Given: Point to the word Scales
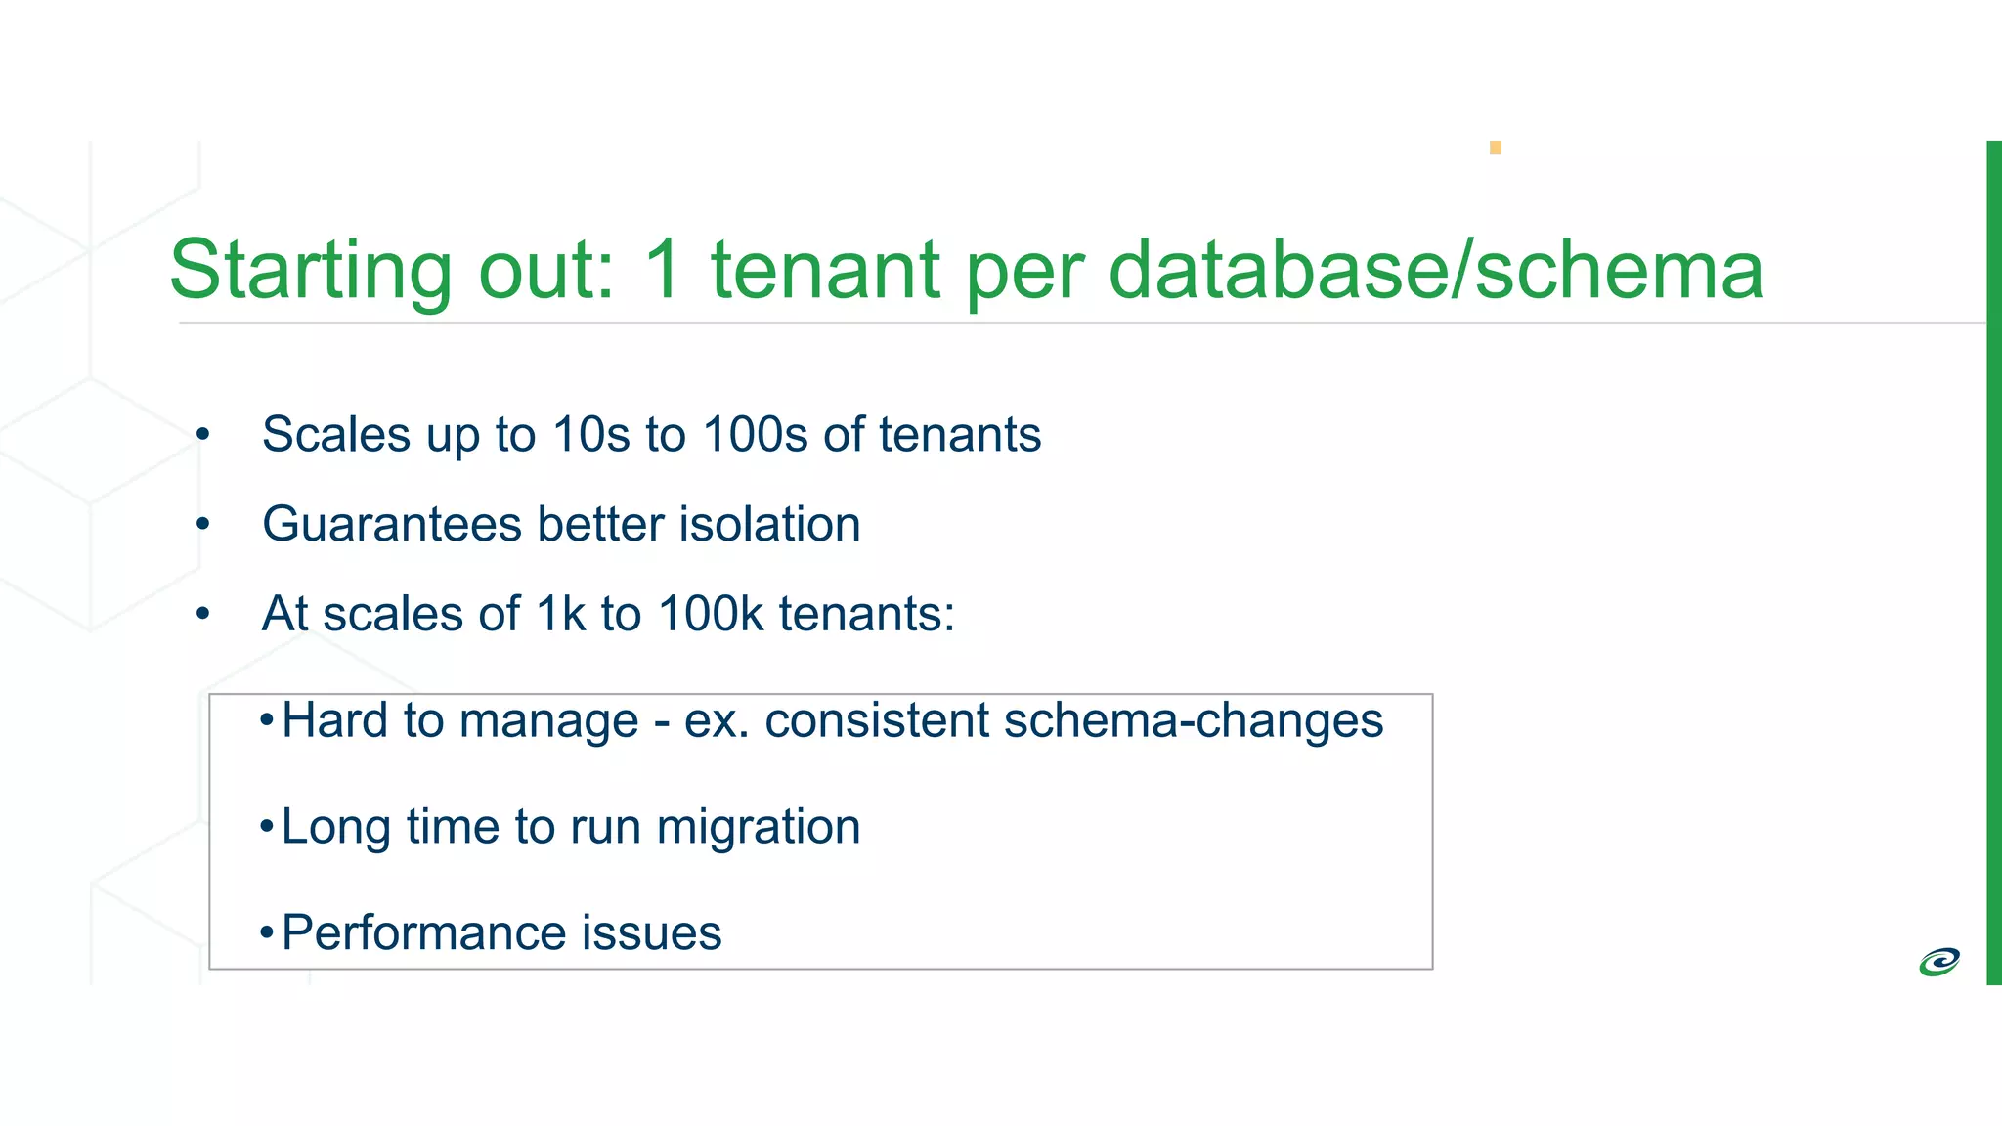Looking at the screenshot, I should coord(335,434).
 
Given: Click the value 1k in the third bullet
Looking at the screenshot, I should coord(561,614).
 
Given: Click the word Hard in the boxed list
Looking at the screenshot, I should coord(335,720).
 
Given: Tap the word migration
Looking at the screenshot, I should coord(759,827).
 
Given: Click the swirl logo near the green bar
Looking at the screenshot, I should coord(1938,962).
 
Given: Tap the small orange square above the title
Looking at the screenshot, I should coord(1495,148).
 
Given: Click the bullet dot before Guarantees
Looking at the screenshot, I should coord(202,525).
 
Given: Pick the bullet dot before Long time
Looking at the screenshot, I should coord(266,827).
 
